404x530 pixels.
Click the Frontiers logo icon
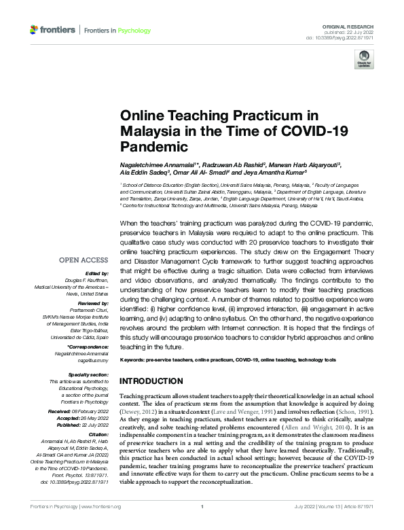click(x=34, y=30)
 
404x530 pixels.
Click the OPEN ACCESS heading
click(x=84, y=260)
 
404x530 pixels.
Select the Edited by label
click(x=94, y=275)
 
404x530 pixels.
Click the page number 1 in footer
click(x=202, y=525)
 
